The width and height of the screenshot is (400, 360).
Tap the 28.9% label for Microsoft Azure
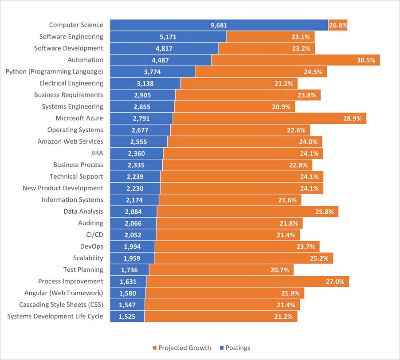pos(353,118)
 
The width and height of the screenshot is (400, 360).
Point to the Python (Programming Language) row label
pos(54,71)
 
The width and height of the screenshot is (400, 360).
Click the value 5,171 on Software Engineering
pos(169,37)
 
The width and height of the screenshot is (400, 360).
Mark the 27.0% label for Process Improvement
pos(335,282)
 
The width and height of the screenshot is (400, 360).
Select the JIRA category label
pos(96,153)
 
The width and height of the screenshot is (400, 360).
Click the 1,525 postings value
pos(127,317)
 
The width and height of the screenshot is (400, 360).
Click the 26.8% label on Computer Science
pos(338,25)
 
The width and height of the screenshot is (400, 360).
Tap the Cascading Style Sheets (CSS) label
pos(61,305)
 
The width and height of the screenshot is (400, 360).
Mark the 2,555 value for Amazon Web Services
pos(138,142)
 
